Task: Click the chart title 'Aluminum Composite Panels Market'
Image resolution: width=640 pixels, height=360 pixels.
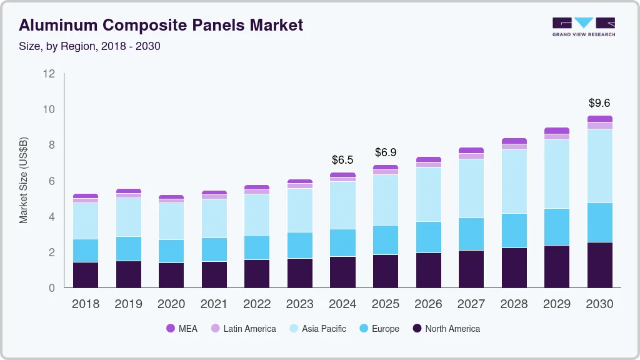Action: [x=161, y=25]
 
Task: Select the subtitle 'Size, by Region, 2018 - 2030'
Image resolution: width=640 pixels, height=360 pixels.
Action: [x=90, y=46]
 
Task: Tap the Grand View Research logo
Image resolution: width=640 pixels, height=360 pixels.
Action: [x=583, y=26]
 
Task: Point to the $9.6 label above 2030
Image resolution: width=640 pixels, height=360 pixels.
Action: [x=599, y=102]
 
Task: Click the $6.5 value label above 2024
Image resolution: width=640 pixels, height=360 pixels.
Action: [x=342, y=160]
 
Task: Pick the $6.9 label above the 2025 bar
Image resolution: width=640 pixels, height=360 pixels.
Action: [x=386, y=152]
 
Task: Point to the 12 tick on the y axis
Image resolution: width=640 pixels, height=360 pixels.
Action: [x=49, y=74]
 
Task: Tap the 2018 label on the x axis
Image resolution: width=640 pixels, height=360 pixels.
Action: [x=86, y=304]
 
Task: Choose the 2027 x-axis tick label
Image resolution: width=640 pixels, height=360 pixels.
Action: [x=471, y=304]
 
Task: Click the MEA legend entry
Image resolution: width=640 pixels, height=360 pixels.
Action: [x=181, y=328]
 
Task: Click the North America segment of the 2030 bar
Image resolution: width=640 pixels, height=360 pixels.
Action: [x=599, y=265]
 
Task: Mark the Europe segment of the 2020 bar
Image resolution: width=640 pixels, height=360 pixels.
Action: [x=171, y=251]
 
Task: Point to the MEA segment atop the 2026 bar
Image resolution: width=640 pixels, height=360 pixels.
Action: [x=428, y=159]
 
